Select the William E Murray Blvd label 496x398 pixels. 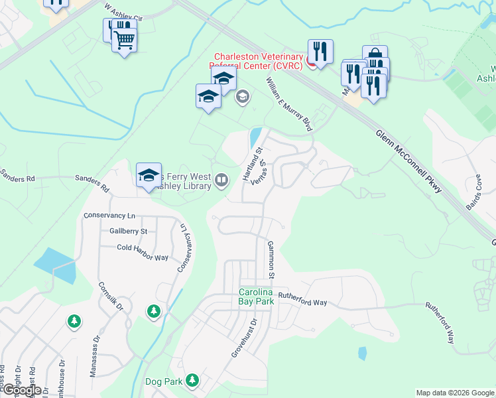click(x=289, y=103)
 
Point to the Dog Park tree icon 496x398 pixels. click(x=192, y=381)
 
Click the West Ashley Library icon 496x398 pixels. click(x=222, y=178)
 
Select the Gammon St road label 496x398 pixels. click(x=271, y=259)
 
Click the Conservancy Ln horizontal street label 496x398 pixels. click(x=109, y=216)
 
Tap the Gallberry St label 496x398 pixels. click(x=129, y=231)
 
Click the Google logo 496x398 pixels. click(x=21, y=390)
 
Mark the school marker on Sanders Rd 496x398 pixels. click(x=149, y=176)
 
